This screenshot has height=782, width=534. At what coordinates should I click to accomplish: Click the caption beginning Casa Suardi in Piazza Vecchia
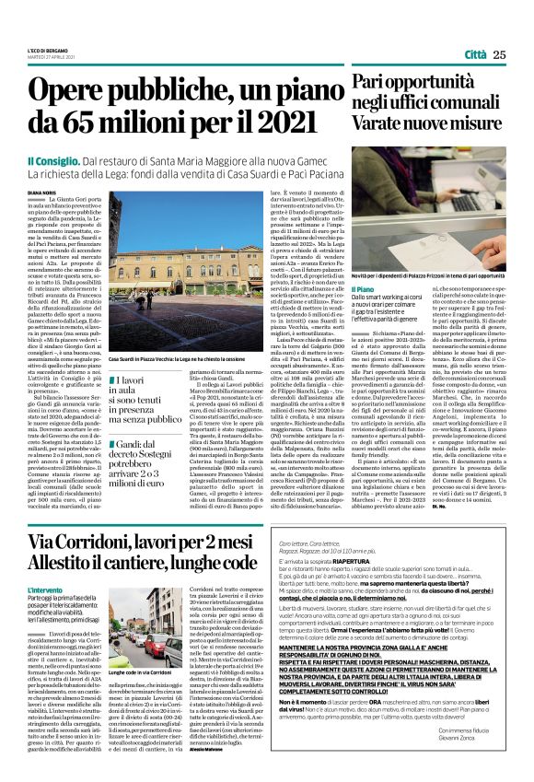[176, 358]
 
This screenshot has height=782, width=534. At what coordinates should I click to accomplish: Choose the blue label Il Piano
[364, 289]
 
